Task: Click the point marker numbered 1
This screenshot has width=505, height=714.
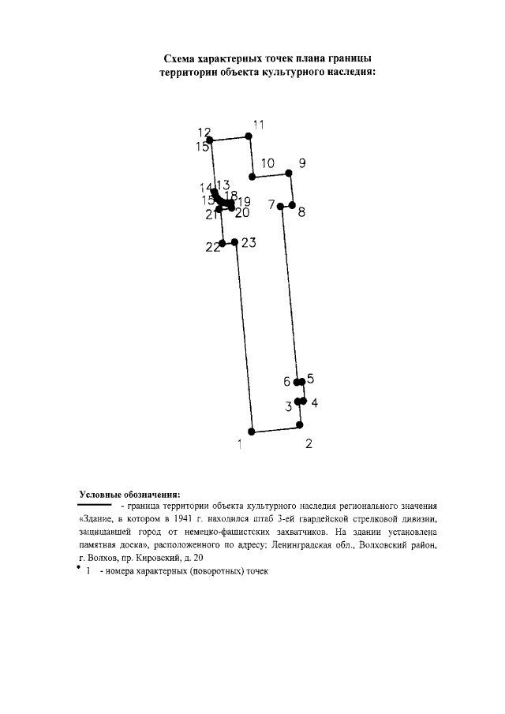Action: tap(252, 432)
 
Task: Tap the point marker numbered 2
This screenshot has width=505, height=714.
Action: tap(300, 425)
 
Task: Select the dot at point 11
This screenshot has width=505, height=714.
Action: tap(249, 136)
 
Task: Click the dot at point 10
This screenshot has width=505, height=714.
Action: tap(252, 177)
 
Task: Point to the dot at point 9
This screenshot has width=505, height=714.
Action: tap(290, 174)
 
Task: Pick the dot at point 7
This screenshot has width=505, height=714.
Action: tap(282, 205)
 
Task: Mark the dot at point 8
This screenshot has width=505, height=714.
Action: tap(292, 205)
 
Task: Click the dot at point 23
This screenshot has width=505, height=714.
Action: tap(234, 241)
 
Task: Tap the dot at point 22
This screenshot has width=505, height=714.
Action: tap(223, 243)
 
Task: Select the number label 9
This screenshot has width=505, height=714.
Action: tap(302, 163)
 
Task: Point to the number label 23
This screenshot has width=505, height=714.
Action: tap(249, 243)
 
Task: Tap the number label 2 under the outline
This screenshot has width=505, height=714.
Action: tap(309, 443)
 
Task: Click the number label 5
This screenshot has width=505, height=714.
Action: tap(310, 379)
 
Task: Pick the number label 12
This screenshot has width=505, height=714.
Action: tap(204, 132)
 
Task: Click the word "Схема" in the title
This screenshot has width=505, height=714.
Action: tap(181, 58)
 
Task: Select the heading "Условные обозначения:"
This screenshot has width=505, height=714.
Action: tap(130, 495)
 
